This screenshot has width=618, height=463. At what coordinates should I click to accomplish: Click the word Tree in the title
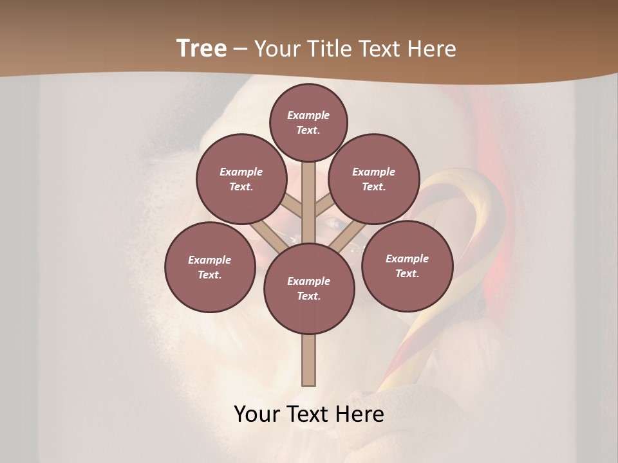point(201,48)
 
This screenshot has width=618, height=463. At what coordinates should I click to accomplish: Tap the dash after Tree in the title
point(241,49)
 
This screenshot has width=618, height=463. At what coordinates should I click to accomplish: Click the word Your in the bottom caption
point(258,414)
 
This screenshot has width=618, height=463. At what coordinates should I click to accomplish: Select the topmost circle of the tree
point(308,122)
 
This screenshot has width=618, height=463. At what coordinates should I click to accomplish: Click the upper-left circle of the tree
point(241,179)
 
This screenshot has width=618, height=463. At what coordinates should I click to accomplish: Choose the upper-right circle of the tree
point(373,179)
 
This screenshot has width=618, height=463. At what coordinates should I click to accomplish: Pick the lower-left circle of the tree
point(210,267)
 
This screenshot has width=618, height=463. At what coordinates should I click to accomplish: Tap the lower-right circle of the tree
point(407,266)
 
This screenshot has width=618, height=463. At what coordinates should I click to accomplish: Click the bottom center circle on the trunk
point(309,288)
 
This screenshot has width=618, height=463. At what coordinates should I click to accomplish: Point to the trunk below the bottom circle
point(309,360)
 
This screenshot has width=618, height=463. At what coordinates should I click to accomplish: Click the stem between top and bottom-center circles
point(309,193)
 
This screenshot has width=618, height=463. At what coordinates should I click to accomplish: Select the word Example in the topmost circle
point(308,115)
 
